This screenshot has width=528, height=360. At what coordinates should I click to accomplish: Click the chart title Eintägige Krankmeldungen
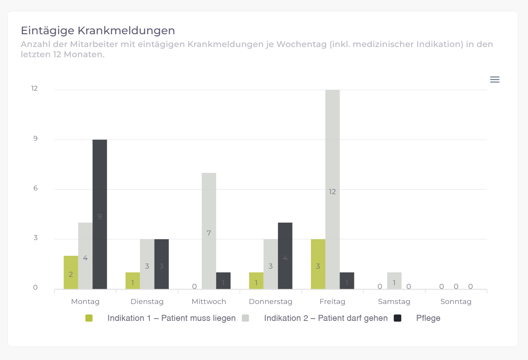point(98,30)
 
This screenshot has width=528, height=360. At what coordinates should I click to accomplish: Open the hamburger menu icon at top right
point(495,79)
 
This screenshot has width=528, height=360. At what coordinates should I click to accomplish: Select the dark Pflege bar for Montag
point(100,214)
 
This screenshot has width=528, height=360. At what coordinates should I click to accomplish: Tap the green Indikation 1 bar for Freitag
point(318,264)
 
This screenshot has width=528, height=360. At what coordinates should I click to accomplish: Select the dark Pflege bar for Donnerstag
point(285,255)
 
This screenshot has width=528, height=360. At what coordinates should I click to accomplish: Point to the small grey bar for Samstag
point(394,281)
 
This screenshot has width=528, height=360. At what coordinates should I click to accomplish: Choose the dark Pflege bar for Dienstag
point(161,264)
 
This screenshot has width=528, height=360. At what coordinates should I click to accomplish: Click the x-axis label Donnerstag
point(270,301)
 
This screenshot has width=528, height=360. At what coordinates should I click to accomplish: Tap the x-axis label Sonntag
point(456,301)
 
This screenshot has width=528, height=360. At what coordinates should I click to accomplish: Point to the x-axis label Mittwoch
point(209,301)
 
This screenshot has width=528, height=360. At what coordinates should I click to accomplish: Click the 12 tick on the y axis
point(35,88)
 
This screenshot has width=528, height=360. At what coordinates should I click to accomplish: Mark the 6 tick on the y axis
point(35,188)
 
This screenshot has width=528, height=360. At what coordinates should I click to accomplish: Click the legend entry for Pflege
point(428,318)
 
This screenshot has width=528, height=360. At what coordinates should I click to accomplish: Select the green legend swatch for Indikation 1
point(89,318)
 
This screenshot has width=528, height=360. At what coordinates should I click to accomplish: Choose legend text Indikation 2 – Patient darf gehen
point(326,318)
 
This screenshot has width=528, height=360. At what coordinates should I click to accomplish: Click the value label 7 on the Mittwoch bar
point(209,233)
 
